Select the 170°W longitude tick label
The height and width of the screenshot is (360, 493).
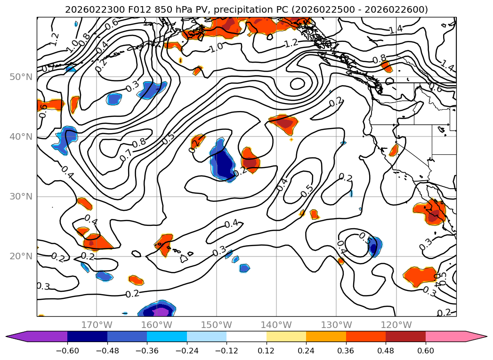tap(97, 325)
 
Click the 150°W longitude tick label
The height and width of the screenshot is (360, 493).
tap(216, 325)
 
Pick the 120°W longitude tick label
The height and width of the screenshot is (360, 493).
tap(396, 325)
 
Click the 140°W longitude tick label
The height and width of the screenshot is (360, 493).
tap(276, 325)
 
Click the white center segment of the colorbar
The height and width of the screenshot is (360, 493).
tap(246, 336)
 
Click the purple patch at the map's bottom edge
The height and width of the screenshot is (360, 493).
tap(160, 312)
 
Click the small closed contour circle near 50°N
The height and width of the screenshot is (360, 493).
tap(298, 84)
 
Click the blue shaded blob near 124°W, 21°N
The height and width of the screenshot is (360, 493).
tap(374, 247)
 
